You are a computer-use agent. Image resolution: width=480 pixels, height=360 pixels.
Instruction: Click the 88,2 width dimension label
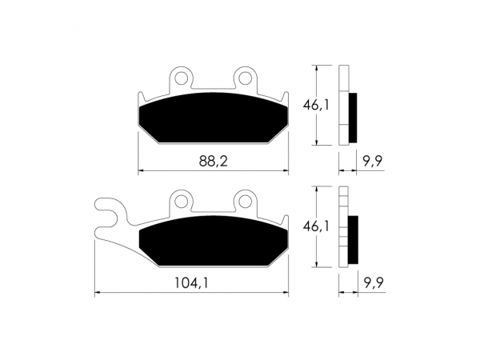tap(214, 161)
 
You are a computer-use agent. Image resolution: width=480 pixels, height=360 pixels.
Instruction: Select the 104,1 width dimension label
tap(191, 283)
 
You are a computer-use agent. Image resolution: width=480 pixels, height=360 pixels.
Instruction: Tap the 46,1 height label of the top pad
tap(316, 106)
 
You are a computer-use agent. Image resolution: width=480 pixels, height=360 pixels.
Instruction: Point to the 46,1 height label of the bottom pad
tap(316, 226)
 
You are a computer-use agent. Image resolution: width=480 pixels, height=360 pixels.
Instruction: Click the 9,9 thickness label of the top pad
tap(373, 161)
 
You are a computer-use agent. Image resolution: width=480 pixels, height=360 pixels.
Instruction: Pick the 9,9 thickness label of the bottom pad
tap(374, 282)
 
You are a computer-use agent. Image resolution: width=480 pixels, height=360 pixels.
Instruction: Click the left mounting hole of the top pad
tap(182, 78)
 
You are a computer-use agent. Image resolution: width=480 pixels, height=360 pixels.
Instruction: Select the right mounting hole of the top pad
tap(245, 78)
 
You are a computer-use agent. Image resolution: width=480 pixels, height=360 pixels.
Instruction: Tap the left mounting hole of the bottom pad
tap(182, 201)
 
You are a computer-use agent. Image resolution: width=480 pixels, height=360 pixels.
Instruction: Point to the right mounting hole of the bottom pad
tap(245, 201)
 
